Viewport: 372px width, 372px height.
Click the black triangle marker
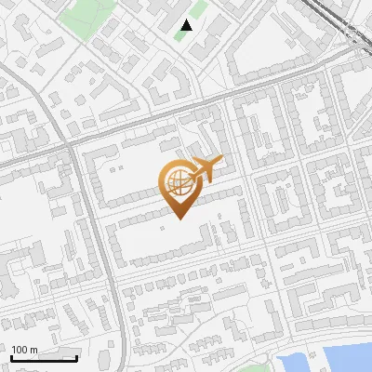click(x=187, y=25)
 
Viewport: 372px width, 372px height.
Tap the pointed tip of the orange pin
click(x=179, y=219)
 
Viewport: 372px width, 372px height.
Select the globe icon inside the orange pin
click(x=179, y=183)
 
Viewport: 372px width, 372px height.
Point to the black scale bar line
click(x=45, y=358)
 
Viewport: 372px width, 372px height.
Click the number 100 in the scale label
click(x=20, y=350)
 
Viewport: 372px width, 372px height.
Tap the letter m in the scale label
click(x=33, y=350)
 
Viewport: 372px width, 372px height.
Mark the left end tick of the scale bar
click(x=12, y=356)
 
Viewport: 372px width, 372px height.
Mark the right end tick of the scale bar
click(x=77, y=356)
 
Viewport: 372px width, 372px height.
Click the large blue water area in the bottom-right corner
click(x=344, y=358)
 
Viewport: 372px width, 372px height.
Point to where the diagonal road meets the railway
click(x=358, y=51)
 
